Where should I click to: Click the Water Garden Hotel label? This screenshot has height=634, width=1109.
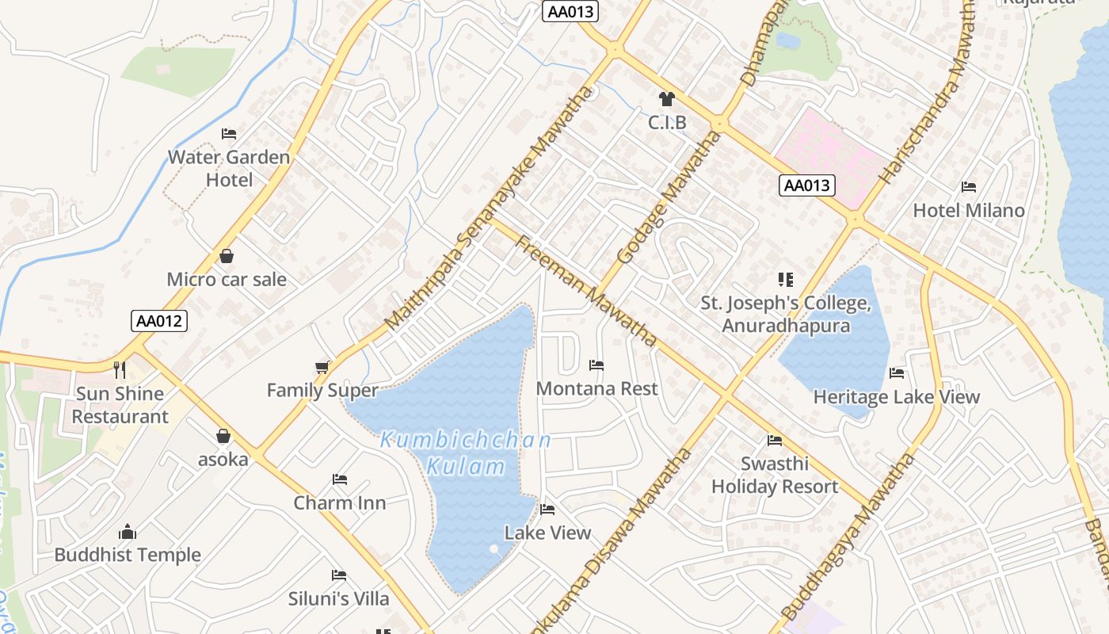(x=229, y=168)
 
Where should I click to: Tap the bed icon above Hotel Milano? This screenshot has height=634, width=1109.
(x=968, y=187)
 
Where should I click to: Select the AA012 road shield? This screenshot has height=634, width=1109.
(x=159, y=321)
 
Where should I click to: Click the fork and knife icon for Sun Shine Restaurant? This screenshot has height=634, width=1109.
(x=120, y=369)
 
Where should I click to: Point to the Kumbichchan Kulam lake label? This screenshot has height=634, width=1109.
(x=466, y=453)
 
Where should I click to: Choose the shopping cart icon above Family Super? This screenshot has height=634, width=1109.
(x=322, y=367)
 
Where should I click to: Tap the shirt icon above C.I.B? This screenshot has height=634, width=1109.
(x=666, y=99)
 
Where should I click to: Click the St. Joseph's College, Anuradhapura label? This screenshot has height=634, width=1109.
(x=785, y=314)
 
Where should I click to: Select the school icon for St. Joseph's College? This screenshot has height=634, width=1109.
(x=785, y=279)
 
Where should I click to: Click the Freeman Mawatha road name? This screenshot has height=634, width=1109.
(x=586, y=290)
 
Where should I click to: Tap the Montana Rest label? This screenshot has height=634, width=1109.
(x=596, y=388)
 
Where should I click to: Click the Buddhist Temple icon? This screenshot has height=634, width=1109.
(x=128, y=532)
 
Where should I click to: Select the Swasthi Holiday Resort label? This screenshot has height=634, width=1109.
(x=774, y=475)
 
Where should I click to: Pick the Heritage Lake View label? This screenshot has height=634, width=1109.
(x=896, y=396)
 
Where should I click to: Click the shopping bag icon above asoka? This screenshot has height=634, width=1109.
(x=223, y=436)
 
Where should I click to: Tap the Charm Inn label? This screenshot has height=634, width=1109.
(x=340, y=502)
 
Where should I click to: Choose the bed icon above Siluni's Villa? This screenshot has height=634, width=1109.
(x=339, y=575)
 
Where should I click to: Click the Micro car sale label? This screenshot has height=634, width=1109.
(x=227, y=279)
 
